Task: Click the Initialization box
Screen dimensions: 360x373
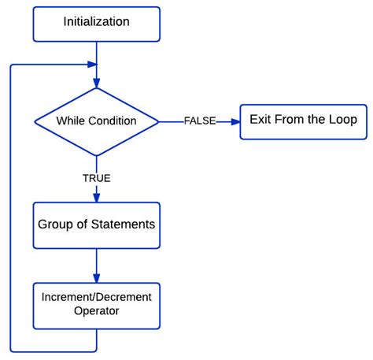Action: [96, 23]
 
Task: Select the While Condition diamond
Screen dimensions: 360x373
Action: [96, 121]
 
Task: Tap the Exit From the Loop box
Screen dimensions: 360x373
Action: [303, 121]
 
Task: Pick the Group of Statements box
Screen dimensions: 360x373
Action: [96, 225]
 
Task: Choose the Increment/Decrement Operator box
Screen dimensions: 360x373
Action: [96, 306]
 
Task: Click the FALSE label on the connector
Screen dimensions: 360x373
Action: [199, 121]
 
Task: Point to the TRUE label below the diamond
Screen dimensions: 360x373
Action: [96, 178]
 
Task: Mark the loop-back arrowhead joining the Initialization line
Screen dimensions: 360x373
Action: [92, 65]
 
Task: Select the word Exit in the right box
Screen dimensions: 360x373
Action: [261, 121]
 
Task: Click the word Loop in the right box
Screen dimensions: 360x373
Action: [343, 121]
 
